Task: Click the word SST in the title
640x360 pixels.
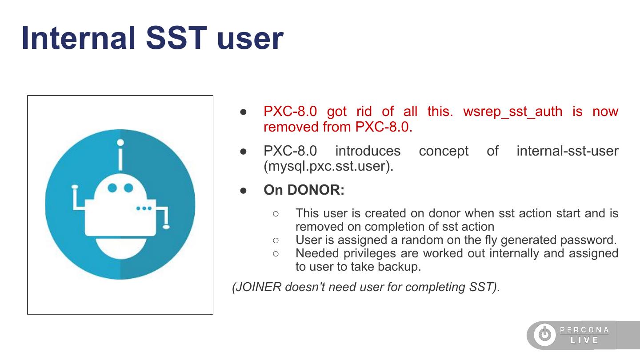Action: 176,38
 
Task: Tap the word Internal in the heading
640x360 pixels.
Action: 78,38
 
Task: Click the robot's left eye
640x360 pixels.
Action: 112,188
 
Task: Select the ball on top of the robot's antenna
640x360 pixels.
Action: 120,142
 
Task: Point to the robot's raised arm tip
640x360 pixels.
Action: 75,187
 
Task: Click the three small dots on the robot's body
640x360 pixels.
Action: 144,208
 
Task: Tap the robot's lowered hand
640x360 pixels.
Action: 166,227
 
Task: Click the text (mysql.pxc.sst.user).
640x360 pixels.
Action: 328,166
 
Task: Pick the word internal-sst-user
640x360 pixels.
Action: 568,151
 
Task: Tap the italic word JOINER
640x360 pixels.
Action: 259,287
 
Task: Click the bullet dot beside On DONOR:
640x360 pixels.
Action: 244,191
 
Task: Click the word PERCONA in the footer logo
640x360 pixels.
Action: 584,330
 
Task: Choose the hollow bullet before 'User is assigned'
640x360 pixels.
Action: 276,240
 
